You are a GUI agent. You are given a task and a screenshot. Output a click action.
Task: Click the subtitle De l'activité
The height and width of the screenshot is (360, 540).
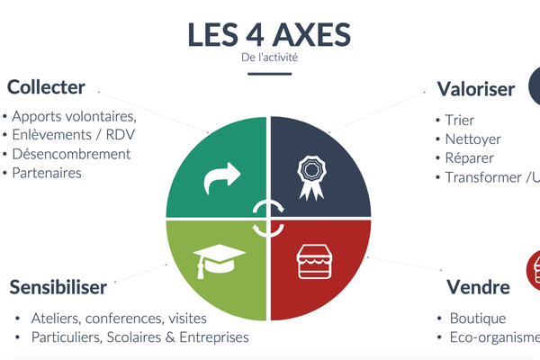(x=270, y=58)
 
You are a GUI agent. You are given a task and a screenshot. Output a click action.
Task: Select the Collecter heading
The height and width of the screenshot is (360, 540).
(x=46, y=87)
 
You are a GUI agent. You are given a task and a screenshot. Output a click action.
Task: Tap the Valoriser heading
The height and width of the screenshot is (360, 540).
(x=476, y=88)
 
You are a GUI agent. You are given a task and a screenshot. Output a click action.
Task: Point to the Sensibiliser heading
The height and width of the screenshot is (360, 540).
(x=58, y=287)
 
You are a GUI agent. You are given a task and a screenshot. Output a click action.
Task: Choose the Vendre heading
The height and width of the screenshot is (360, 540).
(x=479, y=287)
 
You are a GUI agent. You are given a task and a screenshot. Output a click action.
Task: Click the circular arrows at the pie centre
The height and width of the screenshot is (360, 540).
(x=269, y=218)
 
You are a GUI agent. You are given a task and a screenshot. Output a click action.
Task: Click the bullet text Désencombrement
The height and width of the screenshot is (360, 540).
(x=72, y=154)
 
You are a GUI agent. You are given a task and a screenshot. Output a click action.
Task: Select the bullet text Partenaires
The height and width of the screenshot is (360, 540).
(x=47, y=172)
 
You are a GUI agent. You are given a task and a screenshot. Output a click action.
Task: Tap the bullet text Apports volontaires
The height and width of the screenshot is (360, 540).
(x=74, y=117)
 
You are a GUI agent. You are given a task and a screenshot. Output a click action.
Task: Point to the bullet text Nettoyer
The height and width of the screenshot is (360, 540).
(x=472, y=139)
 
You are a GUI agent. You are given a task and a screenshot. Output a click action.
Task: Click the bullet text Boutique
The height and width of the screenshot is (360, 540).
(x=477, y=319)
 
